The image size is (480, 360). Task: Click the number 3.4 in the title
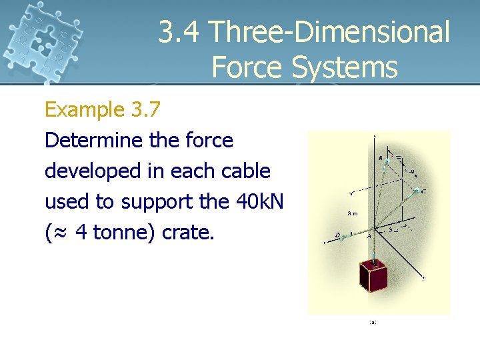[x=180, y=32]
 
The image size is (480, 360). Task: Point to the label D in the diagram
[x=338, y=235]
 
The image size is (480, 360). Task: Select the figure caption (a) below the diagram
[x=373, y=322]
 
